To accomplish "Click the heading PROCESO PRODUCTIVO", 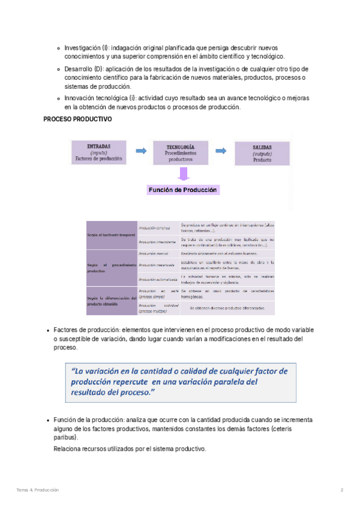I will [x=77, y=119].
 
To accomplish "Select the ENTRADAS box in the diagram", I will [x=98, y=153].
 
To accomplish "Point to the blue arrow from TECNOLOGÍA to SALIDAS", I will [x=220, y=151].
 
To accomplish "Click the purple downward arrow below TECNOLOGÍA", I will [x=183, y=174].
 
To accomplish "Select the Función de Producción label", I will [x=183, y=190].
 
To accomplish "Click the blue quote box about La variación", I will [x=180, y=382].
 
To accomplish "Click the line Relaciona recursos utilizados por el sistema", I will [x=130, y=449].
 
